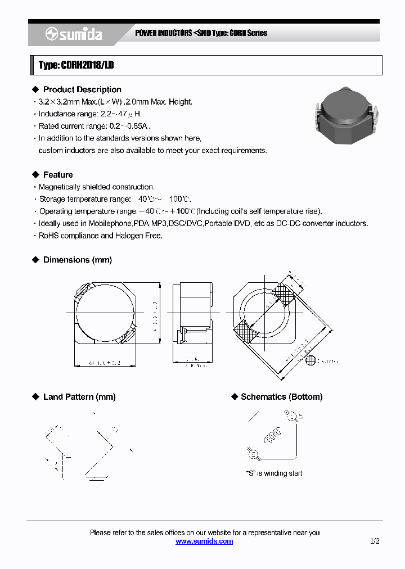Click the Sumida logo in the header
coord(73,34)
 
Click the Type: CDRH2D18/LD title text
coord(76,65)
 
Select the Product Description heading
coord(82,89)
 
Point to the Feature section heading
coord(57,175)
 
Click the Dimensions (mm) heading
coord(77,260)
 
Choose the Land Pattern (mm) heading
coord(79,397)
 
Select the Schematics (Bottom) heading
coord(281,397)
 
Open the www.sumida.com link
coord(204,541)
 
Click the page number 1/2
coord(375,541)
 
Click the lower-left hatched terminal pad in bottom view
coord(244,332)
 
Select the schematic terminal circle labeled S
coord(291,416)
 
